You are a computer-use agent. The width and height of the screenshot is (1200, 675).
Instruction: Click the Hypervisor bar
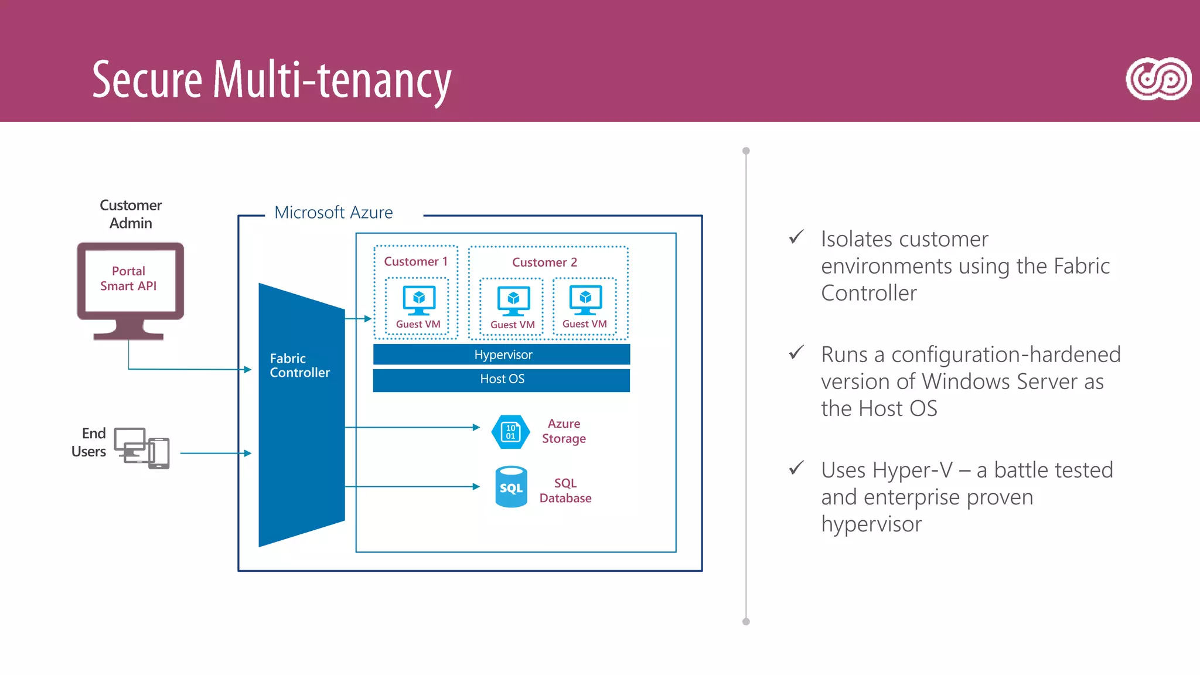point(502,354)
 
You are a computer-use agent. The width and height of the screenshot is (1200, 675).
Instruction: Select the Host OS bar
point(502,379)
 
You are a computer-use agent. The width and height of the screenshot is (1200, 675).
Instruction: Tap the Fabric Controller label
point(299,366)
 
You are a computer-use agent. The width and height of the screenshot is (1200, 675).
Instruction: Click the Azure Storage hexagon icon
point(510,432)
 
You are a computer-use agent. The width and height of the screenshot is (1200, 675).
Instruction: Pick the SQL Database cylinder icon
point(511,487)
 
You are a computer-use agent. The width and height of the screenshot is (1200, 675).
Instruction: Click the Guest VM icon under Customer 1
point(418,299)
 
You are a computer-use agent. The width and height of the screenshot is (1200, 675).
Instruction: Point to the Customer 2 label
point(544,262)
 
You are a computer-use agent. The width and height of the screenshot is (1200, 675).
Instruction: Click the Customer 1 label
point(415,261)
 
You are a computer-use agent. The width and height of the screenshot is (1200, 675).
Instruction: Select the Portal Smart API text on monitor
point(128,278)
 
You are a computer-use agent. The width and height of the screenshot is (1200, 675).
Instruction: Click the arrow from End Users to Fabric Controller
point(216,453)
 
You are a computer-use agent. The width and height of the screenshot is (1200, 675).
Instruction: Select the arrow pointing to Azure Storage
point(412,427)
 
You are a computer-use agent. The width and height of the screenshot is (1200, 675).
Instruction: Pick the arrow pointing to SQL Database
point(412,486)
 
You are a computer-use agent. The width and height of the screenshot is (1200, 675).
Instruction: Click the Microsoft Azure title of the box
point(333,212)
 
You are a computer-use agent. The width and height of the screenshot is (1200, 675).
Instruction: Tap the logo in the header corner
point(1158,79)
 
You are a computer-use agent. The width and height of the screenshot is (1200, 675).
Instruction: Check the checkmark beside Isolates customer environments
point(796,237)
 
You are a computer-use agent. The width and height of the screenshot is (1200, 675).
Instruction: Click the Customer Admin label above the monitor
point(131,214)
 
